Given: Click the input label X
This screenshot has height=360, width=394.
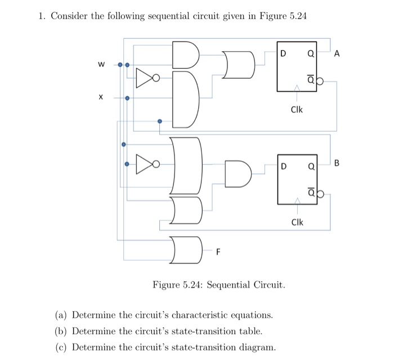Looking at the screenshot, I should tap(101, 97).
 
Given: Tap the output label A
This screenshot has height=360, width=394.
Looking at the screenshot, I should tap(337, 54).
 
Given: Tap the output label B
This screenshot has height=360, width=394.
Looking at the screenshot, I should tap(337, 164).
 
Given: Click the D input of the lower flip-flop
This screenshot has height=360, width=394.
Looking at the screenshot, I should tap(284, 166).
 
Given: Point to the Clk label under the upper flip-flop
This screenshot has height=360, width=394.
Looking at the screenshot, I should tap(297, 110).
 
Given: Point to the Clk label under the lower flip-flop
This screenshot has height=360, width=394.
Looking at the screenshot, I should tap(297, 222).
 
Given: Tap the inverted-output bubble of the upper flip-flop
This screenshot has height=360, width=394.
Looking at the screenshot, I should tap(321, 82).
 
